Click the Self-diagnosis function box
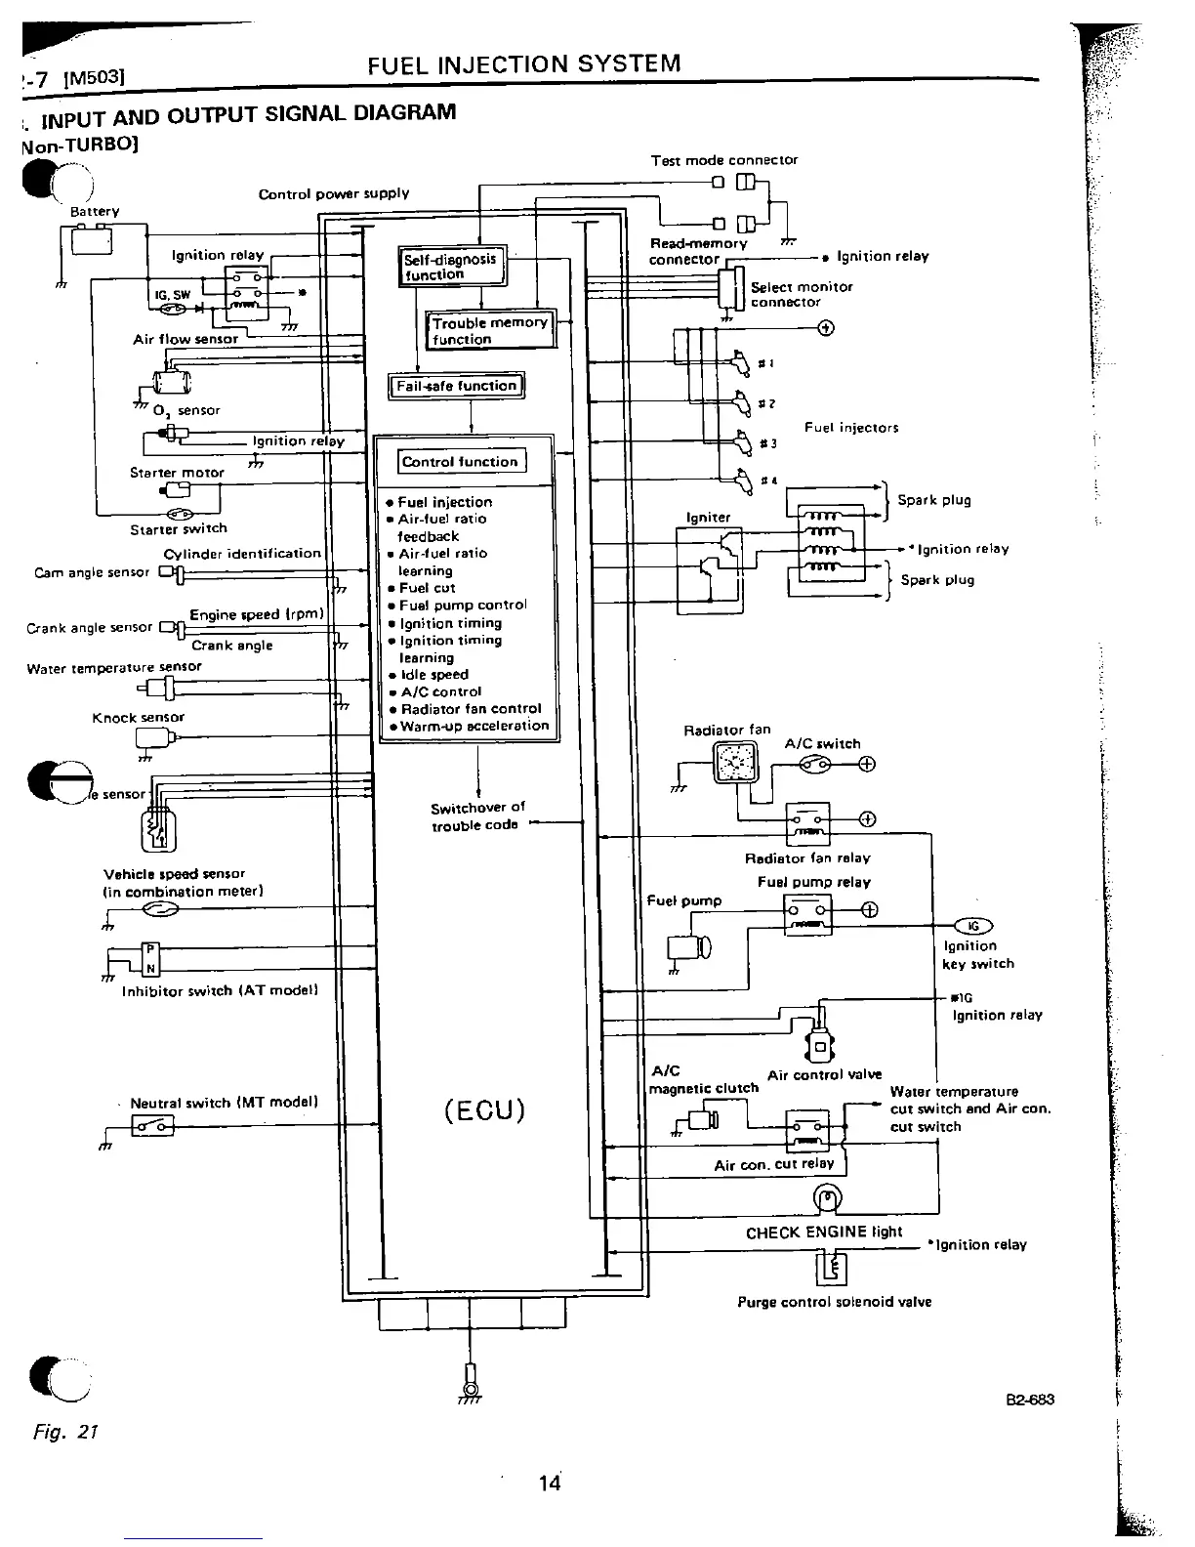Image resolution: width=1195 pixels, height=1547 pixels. [452, 267]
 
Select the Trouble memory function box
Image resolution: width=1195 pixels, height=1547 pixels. [489, 331]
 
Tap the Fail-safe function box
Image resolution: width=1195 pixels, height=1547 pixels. [456, 386]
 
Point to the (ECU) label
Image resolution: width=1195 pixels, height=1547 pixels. [484, 1110]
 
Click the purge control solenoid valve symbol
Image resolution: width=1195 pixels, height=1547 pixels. [832, 1269]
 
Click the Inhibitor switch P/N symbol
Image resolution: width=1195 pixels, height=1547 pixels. [150, 959]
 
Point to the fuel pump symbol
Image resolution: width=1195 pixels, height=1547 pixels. [688, 946]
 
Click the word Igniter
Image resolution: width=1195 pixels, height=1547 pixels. [708, 518]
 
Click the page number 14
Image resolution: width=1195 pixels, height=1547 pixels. [550, 1484]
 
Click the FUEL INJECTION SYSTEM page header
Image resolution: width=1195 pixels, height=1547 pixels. [524, 64]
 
